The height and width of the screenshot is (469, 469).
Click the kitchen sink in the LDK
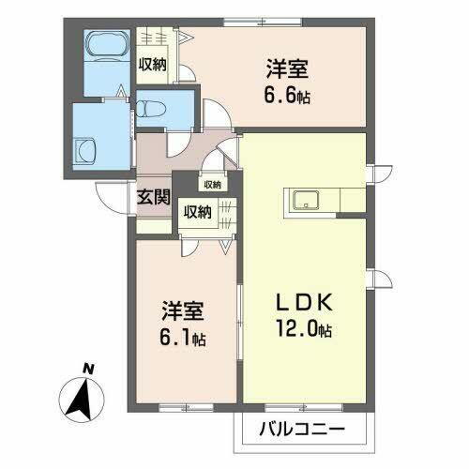[307, 200]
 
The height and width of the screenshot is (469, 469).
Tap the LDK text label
[301, 307]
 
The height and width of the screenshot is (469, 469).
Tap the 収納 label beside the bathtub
[153, 65]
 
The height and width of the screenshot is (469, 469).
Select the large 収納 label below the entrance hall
[197, 212]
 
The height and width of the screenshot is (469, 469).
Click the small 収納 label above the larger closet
[212, 185]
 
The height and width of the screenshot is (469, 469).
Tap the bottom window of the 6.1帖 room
[184, 405]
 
